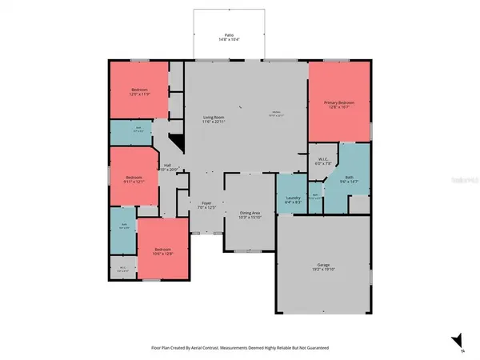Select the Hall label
[x=169, y=166]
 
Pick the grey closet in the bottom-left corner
[x=123, y=269]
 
